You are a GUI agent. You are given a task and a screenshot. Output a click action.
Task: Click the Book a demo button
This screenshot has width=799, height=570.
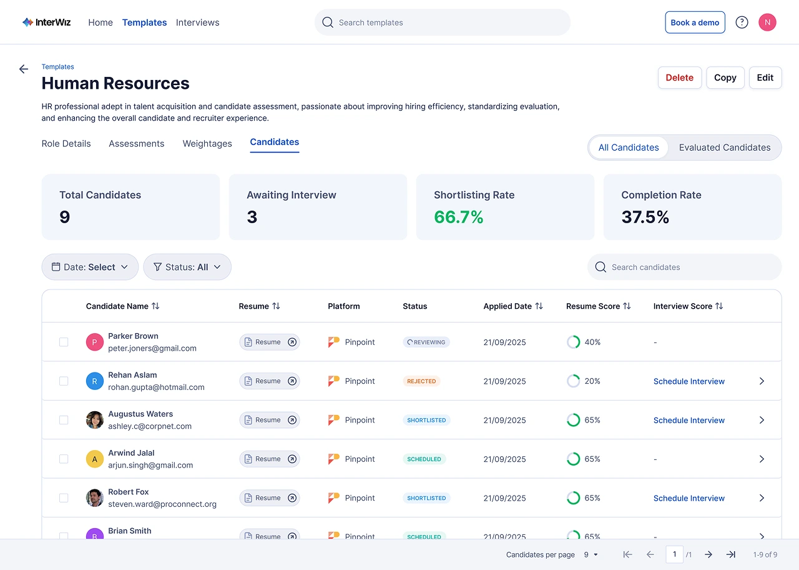pos(695,22)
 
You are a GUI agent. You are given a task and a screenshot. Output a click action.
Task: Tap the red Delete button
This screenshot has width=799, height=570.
pos(679,77)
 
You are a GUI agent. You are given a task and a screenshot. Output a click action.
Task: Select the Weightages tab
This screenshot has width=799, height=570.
pos(207,144)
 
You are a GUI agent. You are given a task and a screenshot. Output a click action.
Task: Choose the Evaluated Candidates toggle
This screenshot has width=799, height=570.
pos(724,147)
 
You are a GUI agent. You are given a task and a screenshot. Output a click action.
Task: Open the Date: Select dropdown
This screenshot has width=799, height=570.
pos(90,267)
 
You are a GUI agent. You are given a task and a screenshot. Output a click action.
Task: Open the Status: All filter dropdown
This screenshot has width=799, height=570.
pos(187,267)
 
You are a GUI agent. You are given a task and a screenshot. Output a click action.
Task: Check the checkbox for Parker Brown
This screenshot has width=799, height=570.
pos(64,342)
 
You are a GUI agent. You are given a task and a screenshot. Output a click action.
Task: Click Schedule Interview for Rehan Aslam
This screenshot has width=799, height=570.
pos(689,381)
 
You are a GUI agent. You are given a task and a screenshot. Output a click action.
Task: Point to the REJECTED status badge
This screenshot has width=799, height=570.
pos(421,381)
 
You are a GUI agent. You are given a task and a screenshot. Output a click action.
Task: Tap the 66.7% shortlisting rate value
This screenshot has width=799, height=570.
pos(459,217)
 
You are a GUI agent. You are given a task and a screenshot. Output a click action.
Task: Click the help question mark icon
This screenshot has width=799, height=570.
pos(742,22)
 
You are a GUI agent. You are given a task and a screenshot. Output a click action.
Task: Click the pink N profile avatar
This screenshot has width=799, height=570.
pos(767,22)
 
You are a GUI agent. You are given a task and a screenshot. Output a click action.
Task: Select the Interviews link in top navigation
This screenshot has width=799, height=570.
pos(197,22)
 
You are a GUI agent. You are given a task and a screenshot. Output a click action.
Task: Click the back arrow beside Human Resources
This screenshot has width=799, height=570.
pos(24,69)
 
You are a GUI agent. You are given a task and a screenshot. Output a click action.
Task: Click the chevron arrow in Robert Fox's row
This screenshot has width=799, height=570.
pos(762,498)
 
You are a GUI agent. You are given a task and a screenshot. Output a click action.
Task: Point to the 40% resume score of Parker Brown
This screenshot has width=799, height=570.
pos(592,342)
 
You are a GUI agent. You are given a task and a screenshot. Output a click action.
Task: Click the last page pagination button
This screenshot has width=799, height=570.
pos(730,554)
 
